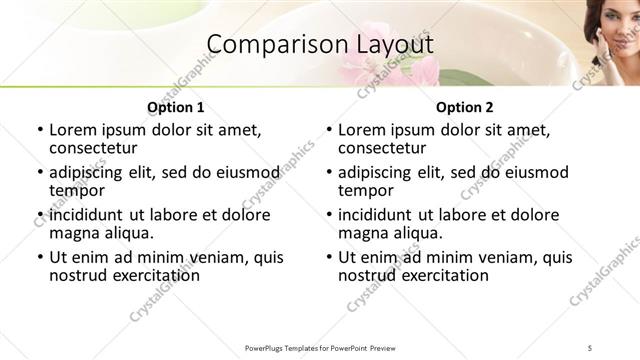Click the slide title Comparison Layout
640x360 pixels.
319,45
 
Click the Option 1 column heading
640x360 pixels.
175,107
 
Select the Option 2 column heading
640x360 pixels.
464,107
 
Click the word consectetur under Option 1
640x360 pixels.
96,148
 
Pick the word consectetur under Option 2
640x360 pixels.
385,148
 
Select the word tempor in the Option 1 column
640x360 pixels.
77,190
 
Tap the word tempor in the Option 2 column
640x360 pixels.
366,190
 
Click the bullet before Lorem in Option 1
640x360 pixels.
39,130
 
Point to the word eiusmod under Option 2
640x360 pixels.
534,172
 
